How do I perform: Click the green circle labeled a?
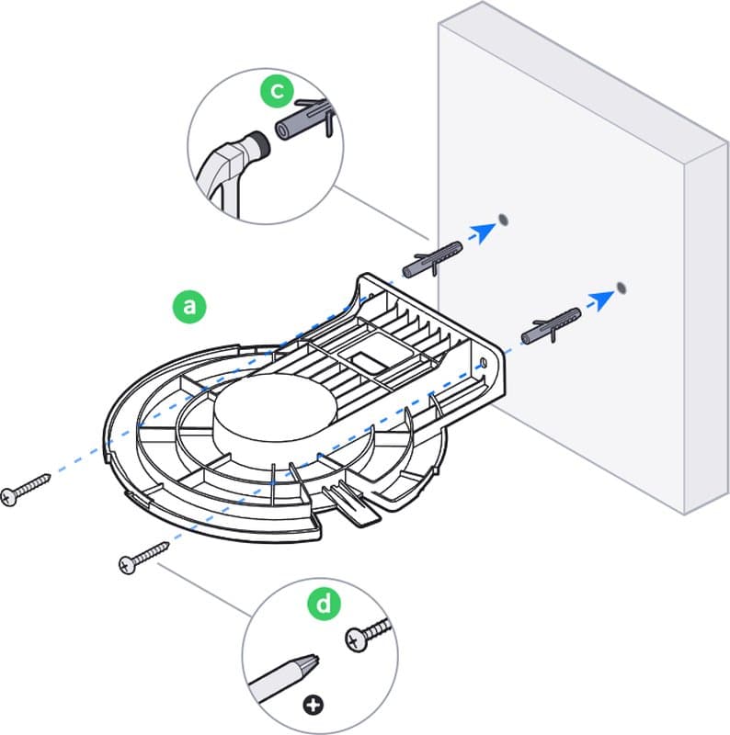(190, 306)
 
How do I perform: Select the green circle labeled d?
(325, 605)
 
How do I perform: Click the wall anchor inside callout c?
(300, 120)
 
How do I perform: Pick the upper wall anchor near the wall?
(430, 258)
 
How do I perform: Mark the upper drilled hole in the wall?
(504, 219)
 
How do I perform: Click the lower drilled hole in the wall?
(622, 288)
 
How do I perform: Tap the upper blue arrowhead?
(478, 233)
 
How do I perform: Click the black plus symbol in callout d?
(316, 705)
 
